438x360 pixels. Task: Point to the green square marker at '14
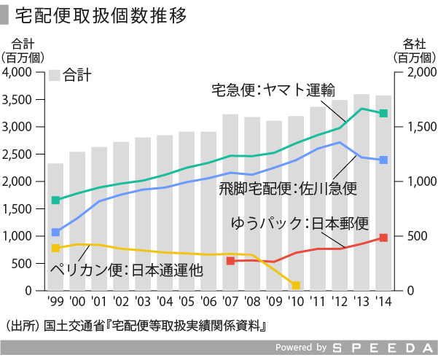pos(383,113)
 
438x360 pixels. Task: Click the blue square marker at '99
pos(55,232)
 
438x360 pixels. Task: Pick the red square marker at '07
pos(230,260)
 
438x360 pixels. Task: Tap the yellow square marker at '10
pos(296,285)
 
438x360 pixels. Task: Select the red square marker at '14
pos(383,238)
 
